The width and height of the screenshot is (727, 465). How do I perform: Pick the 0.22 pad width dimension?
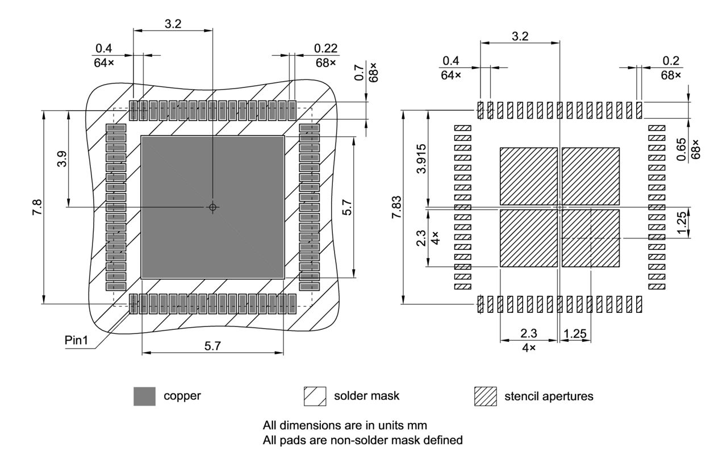[x=325, y=49]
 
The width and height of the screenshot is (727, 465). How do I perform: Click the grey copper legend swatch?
[x=144, y=396]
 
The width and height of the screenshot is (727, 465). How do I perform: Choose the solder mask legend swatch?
[x=315, y=396]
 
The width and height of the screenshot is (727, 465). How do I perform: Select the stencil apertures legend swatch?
[x=485, y=396]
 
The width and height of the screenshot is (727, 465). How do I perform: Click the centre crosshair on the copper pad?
[x=212, y=207]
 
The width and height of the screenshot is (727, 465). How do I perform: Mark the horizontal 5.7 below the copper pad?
[x=212, y=346]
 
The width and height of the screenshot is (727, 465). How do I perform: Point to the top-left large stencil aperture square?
[x=528, y=176]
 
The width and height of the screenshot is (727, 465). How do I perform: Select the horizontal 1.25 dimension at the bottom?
[x=576, y=334]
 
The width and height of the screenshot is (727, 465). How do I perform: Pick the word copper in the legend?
[x=182, y=396]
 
